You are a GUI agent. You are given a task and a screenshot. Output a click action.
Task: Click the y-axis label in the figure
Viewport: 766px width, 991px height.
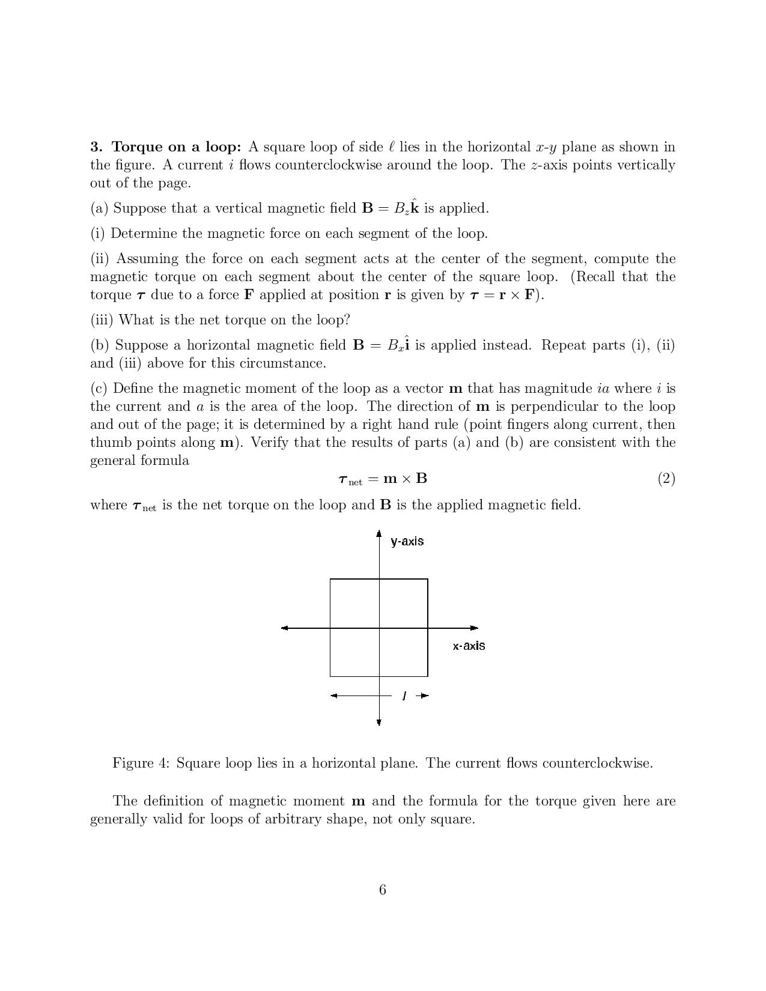tap(407, 541)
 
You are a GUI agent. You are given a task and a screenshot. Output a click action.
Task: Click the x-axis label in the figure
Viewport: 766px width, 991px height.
tap(469, 646)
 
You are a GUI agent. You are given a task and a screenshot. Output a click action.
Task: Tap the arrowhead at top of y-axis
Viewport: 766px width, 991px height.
tap(378, 533)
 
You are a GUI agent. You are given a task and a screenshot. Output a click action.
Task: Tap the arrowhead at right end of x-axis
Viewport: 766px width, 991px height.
tap(475, 628)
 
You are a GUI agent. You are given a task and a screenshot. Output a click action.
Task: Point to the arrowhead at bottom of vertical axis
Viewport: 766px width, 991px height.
tap(378, 722)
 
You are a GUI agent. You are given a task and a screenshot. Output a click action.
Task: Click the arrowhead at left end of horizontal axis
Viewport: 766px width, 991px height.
tap(285, 628)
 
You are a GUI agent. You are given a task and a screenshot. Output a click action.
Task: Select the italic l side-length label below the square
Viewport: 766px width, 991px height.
tap(404, 696)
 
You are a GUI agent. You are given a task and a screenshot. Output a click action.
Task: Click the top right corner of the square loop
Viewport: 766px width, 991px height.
tap(428, 580)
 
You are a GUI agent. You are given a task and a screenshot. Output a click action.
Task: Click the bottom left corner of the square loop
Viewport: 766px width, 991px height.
tap(330, 676)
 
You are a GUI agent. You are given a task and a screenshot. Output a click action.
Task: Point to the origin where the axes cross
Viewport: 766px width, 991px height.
tap(379, 628)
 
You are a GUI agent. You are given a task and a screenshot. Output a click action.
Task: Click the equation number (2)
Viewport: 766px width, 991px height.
tap(666, 479)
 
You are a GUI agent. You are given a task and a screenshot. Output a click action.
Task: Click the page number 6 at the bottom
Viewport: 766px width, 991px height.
tap(383, 890)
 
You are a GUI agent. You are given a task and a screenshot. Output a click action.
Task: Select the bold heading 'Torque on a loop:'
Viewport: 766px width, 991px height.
tap(177, 147)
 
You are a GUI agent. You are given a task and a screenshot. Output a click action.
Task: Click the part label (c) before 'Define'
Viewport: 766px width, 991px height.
tap(99, 389)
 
